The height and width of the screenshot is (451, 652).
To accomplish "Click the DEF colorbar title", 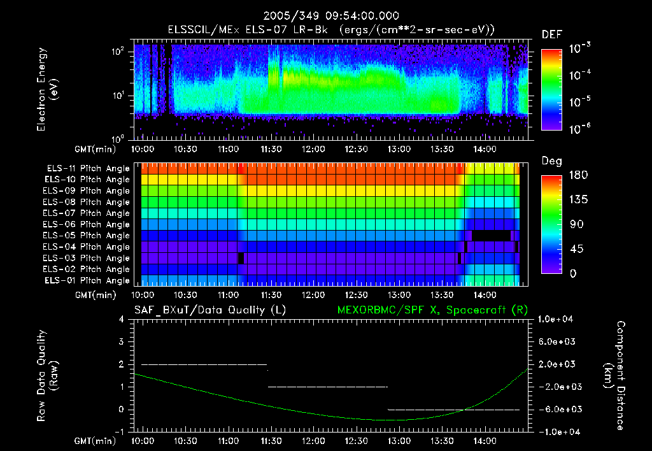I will click(551, 34).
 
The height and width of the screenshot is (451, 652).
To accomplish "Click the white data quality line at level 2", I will click(204, 364).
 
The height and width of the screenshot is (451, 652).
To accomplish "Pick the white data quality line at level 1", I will click(328, 387).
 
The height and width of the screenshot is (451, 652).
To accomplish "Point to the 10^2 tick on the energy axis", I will click(121, 52).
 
